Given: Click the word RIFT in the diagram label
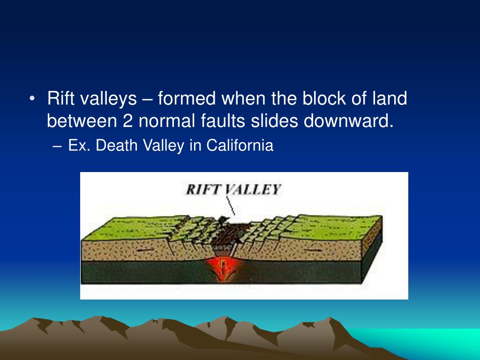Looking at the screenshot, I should point(203,190).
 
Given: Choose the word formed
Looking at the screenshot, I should point(187,99).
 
